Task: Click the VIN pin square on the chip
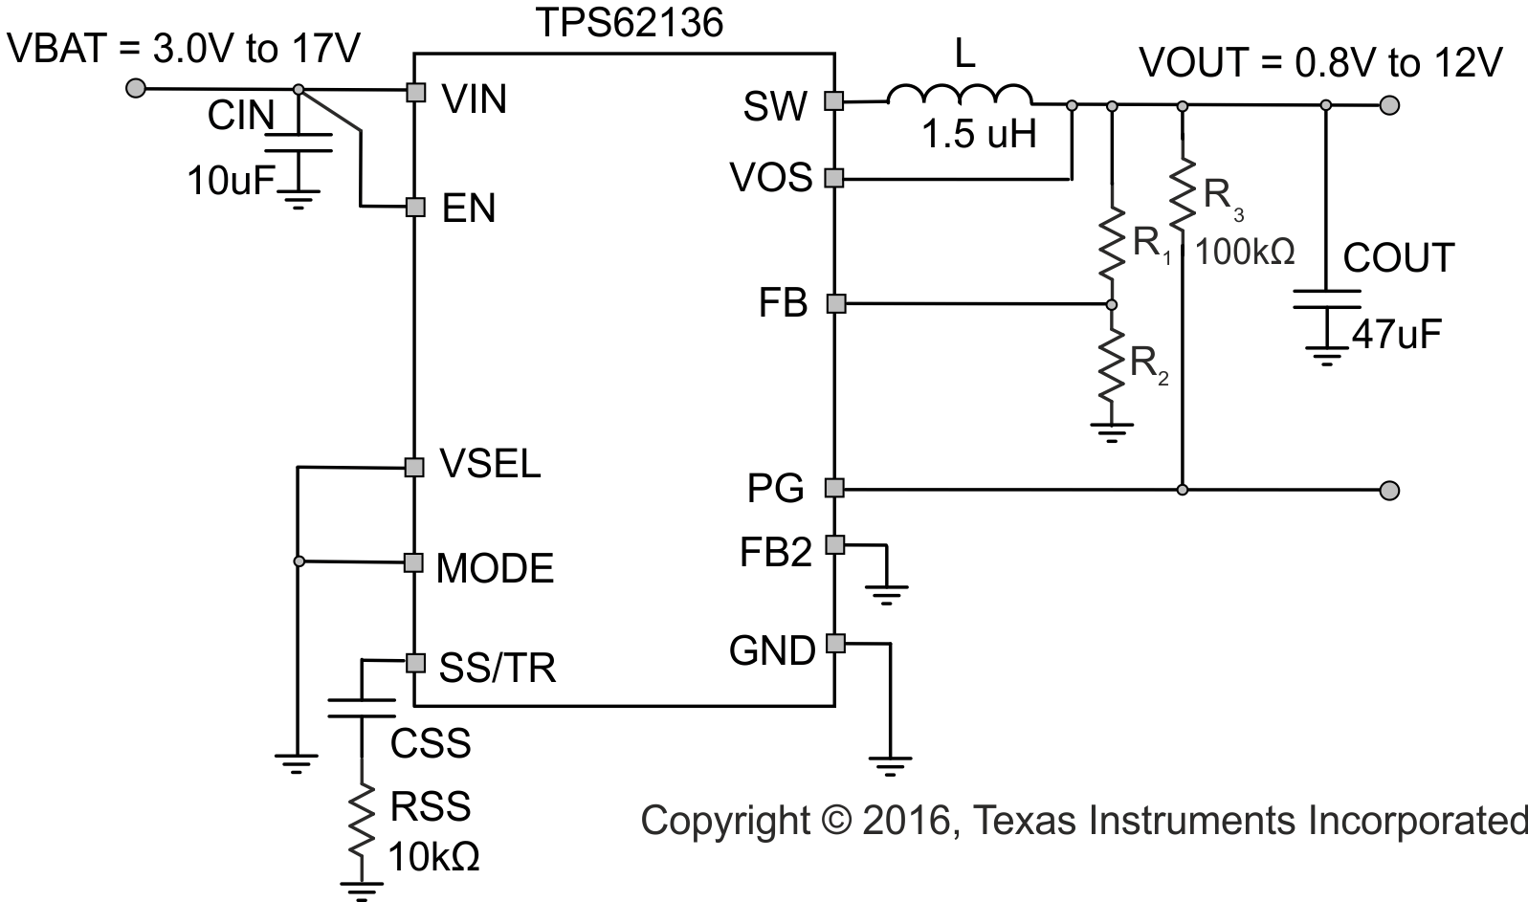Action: pos(415,92)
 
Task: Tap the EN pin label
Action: pos(469,209)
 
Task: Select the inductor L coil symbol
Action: pos(960,96)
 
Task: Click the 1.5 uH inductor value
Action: pos(979,135)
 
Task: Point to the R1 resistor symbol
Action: pos(1111,244)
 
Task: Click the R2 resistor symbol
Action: pos(1111,365)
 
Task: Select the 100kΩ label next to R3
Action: pos(1245,253)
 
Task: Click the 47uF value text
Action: pos(1396,335)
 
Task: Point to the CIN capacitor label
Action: pos(241,116)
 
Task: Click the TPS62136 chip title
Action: pos(628,23)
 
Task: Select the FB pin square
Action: pos(835,304)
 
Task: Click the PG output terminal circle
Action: pos(1390,491)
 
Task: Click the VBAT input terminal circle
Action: pos(136,89)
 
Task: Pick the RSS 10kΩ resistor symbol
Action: pos(362,822)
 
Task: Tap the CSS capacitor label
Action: pos(431,743)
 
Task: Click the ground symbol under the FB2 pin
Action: pos(888,594)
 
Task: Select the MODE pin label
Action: pos(495,568)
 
